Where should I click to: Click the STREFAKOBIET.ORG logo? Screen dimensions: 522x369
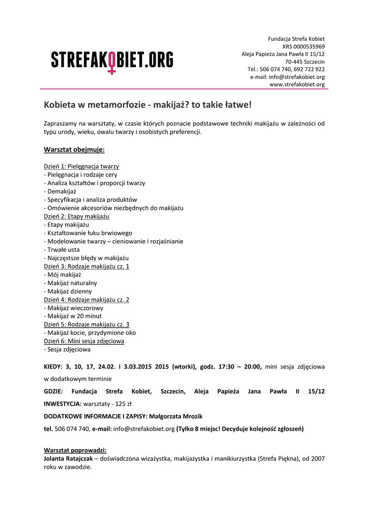112,60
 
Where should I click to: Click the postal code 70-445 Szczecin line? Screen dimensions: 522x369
305,61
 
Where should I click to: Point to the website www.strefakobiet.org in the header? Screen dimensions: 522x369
297,84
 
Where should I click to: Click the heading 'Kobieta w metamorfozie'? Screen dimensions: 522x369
148,105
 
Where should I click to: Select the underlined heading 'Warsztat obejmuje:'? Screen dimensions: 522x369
74,149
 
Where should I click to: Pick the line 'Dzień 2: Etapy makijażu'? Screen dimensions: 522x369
76,216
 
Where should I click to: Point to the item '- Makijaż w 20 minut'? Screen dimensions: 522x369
73,316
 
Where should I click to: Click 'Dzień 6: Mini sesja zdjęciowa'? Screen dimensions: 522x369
84,341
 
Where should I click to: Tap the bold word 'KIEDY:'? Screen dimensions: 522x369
53,366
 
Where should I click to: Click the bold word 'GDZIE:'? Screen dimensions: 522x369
53,391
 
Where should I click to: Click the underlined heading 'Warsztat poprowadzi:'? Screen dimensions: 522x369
75,451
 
